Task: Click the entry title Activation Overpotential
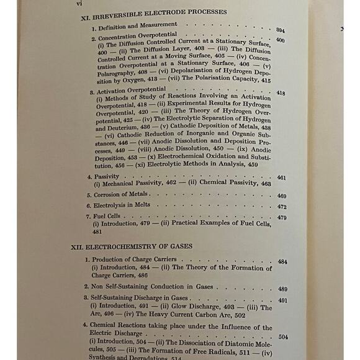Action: (x=128, y=89)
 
